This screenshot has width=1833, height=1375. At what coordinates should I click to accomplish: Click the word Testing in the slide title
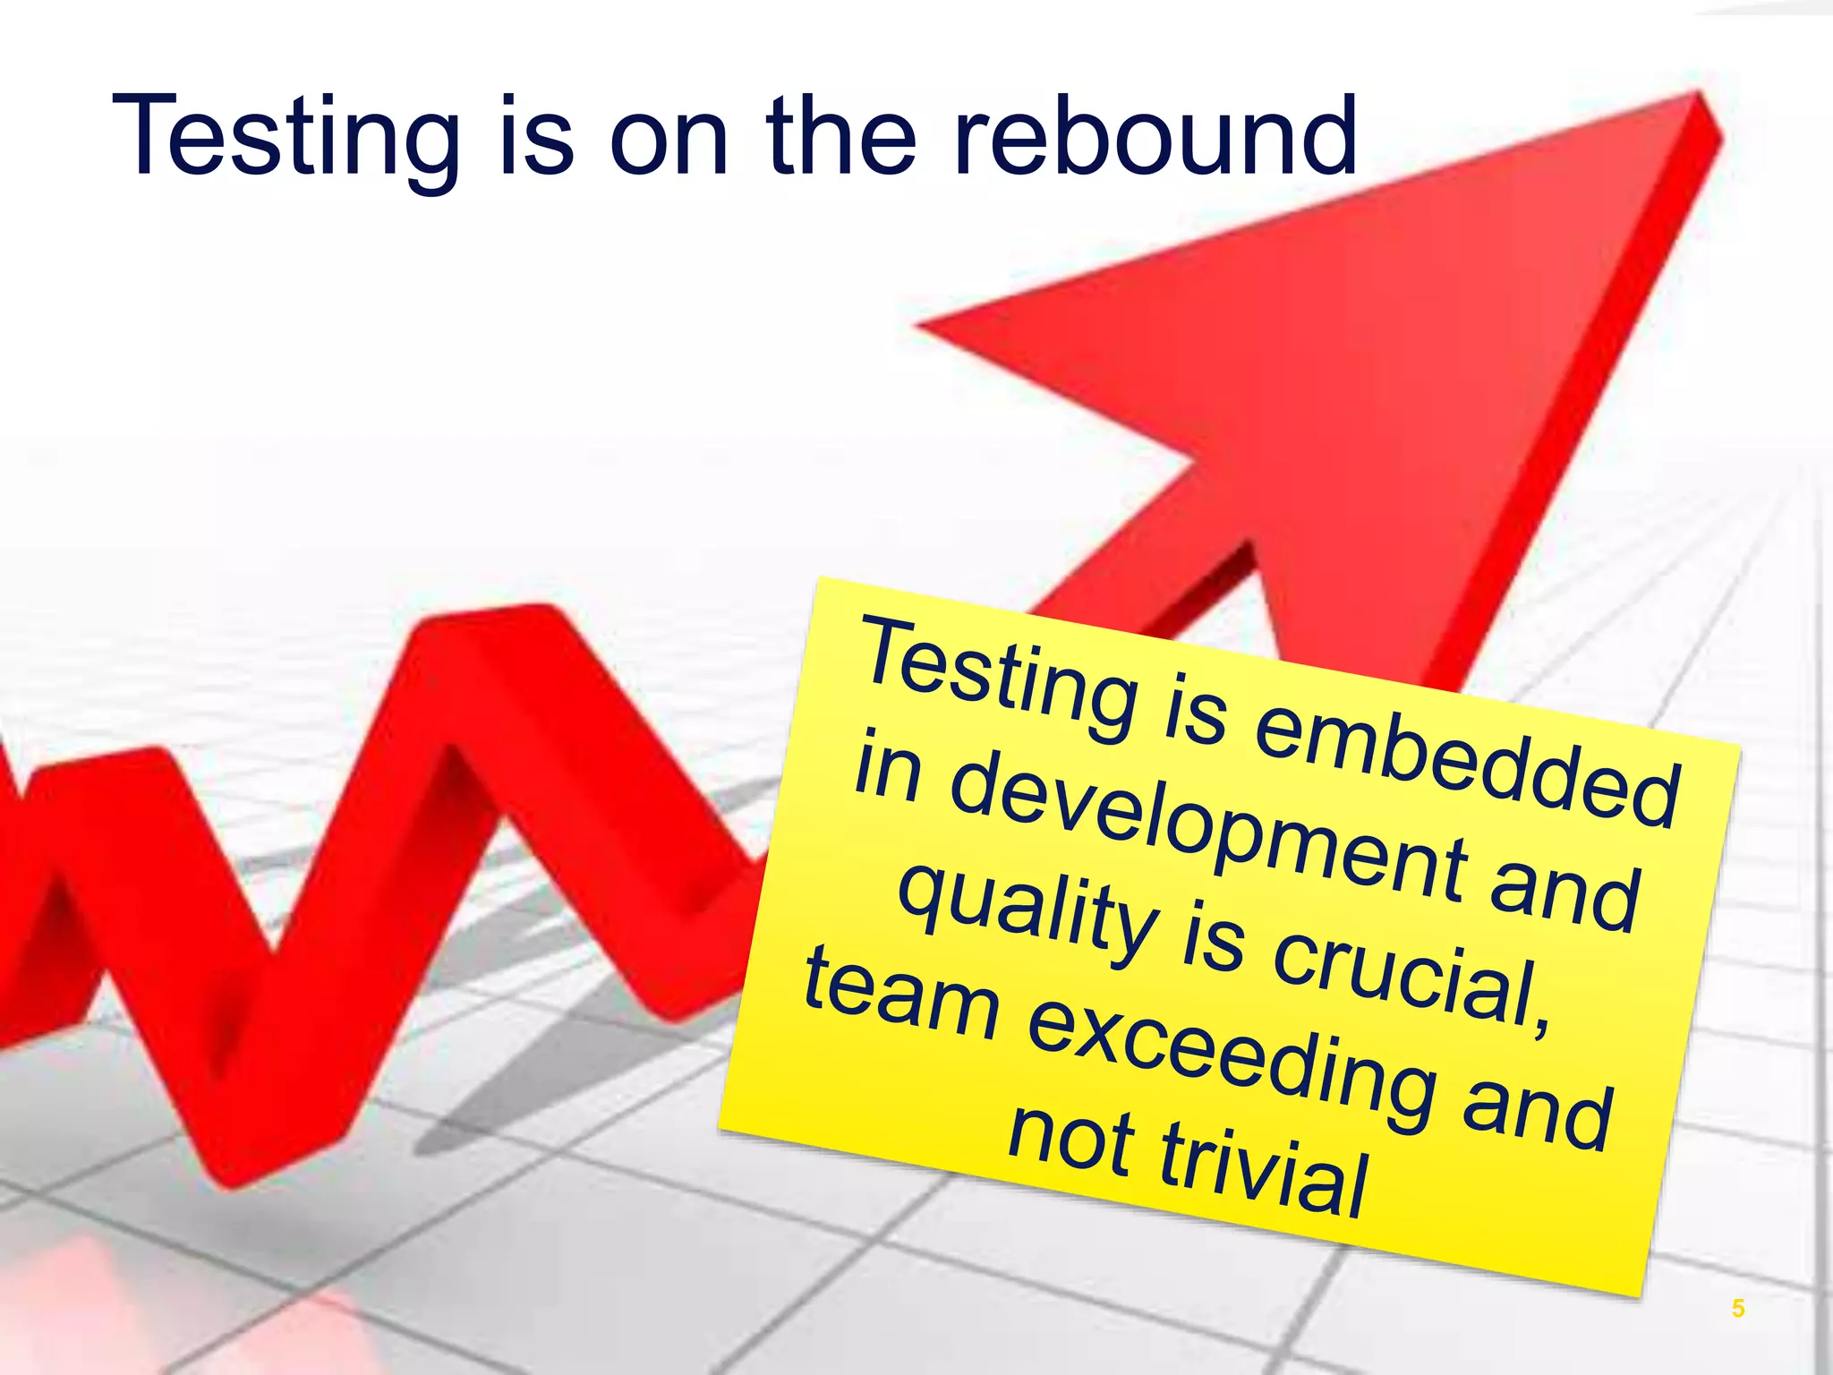click(286, 139)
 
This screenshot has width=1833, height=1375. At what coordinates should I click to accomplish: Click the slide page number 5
click(1737, 1308)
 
